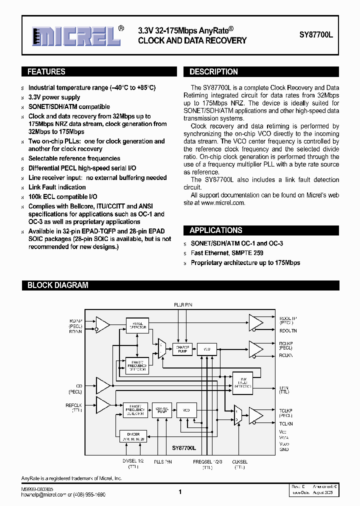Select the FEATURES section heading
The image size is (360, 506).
click(46, 71)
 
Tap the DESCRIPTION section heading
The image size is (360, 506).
click(213, 71)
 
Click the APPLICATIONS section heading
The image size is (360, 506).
click(215, 230)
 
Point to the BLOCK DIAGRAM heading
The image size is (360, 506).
click(57, 285)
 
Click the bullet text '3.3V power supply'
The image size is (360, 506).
click(54, 97)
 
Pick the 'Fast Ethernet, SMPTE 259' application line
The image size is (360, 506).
click(227, 253)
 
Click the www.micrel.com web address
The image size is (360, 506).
click(222, 202)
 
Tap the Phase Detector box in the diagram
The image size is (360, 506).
click(136, 324)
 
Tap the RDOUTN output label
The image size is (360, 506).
click(288, 331)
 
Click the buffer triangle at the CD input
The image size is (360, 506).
click(103, 385)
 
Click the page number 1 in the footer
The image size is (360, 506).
click(180, 492)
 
